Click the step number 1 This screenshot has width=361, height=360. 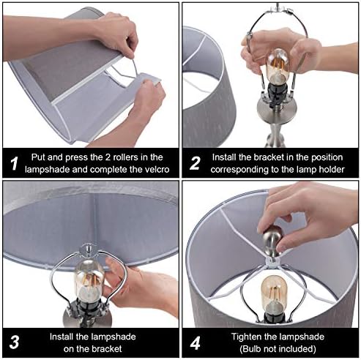15,163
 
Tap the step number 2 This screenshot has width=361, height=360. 195,163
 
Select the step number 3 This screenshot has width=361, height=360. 15,342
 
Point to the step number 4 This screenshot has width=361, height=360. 196,342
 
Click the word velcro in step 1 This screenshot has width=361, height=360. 156,169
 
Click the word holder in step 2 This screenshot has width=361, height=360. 331,169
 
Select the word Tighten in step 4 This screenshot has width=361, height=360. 246,337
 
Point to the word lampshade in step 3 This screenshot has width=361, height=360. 115,337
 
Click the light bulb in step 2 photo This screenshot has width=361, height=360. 278,66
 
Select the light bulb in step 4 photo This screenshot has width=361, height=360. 274,293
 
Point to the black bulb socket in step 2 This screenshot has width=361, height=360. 278,94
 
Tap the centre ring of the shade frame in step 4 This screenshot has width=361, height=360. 273,262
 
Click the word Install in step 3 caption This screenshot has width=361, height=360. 62,337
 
